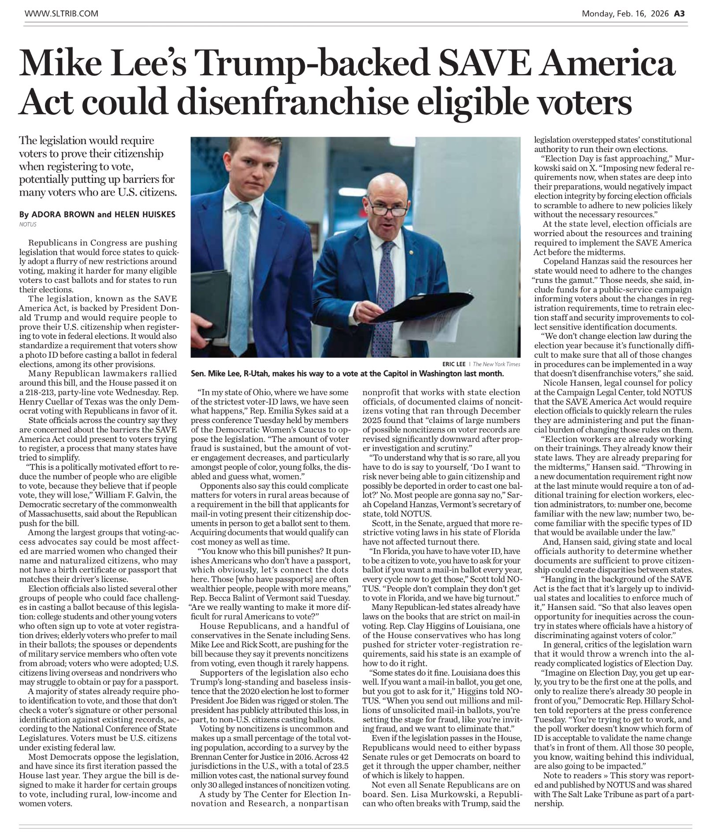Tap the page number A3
[679, 14]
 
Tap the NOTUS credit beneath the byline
[28, 224]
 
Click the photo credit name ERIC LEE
[453, 364]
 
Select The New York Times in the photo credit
[496, 364]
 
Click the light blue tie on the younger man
[242, 273]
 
